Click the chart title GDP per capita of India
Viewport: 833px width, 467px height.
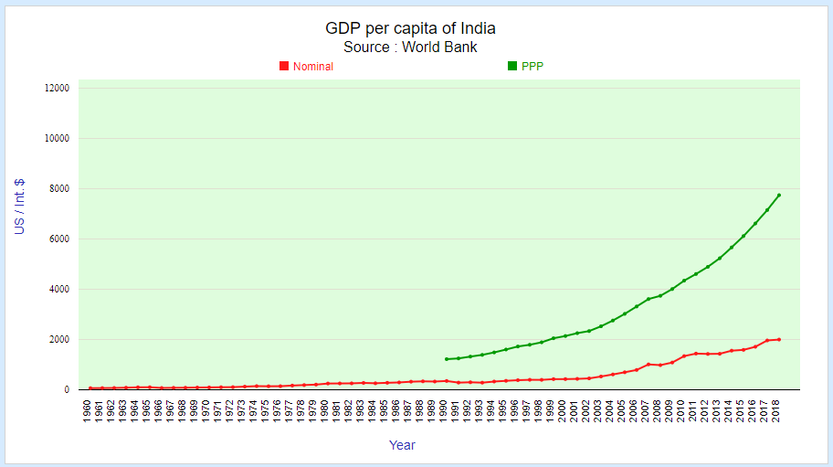pos(410,28)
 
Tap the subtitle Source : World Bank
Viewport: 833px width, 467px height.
pos(410,48)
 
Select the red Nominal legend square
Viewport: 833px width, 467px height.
pos(284,66)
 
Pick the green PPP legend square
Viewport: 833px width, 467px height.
pos(512,66)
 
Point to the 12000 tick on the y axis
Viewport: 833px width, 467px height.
pos(57,89)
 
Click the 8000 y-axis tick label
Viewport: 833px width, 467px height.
pos(59,189)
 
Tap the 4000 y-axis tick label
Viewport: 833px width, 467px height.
pos(59,290)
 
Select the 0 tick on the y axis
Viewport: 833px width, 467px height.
pos(66,390)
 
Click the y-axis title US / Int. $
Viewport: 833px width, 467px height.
pos(19,207)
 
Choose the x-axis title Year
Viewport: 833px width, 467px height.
pos(402,445)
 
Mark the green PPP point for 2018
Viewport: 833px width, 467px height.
pos(778,195)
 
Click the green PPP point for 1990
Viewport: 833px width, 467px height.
pos(446,359)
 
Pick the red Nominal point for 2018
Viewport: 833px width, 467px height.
pos(778,339)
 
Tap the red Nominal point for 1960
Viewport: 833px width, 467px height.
pos(90,388)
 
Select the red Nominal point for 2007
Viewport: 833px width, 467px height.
pos(648,364)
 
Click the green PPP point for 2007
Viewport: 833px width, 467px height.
pos(648,299)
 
